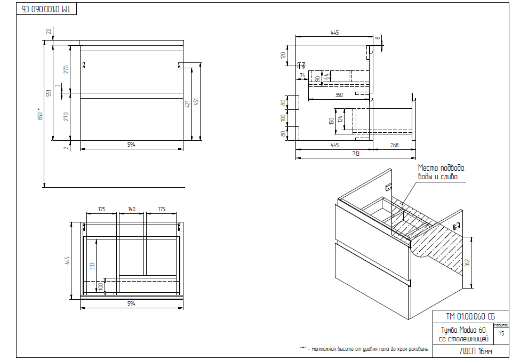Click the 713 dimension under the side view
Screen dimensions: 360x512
[356, 154]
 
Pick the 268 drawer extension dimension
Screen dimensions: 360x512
[394, 145]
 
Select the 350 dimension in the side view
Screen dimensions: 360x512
[339, 95]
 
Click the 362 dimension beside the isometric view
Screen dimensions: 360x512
[467, 262]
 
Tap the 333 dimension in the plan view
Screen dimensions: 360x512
[92, 265]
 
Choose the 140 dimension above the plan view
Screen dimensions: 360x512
[131, 209]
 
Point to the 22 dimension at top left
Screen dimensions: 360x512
[49, 32]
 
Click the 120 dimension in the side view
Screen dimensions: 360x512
[284, 54]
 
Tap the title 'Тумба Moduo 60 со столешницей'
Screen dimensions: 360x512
[462, 334]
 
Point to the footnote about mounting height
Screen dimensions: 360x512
[364, 349]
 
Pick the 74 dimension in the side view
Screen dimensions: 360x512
[302, 76]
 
